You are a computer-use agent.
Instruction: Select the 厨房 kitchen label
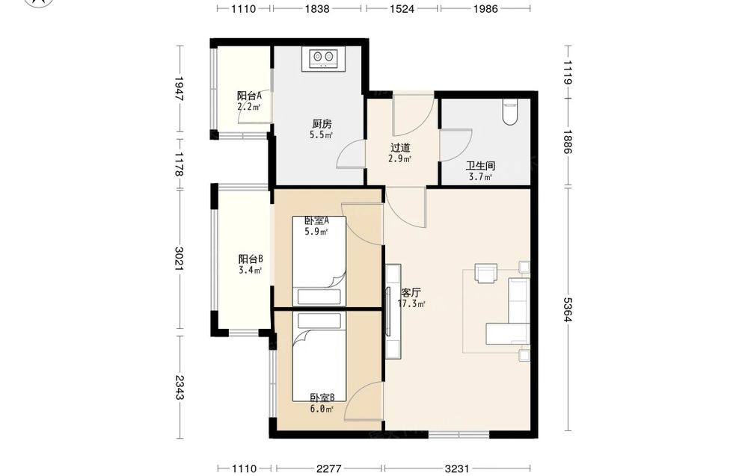click(322, 124)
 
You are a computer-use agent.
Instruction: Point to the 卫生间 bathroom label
click(480, 166)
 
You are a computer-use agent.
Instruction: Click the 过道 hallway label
click(399, 148)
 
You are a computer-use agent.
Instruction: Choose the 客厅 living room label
click(411, 292)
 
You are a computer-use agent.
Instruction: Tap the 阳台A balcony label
click(250, 96)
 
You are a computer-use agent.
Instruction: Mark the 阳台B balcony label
click(251, 259)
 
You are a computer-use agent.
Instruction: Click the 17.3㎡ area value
click(411, 303)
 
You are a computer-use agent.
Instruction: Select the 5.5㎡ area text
click(321, 135)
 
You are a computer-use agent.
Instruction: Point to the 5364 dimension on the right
click(568, 309)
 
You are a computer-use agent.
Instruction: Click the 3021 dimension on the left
click(180, 259)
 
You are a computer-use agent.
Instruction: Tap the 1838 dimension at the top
click(316, 8)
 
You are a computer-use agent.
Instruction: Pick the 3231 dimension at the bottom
click(457, 469)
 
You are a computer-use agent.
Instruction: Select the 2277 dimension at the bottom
click(328, 469)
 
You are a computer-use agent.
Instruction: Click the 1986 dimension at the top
click(485, 8)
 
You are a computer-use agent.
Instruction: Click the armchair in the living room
click(485, 273)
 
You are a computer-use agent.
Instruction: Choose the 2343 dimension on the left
click(180, 387)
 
